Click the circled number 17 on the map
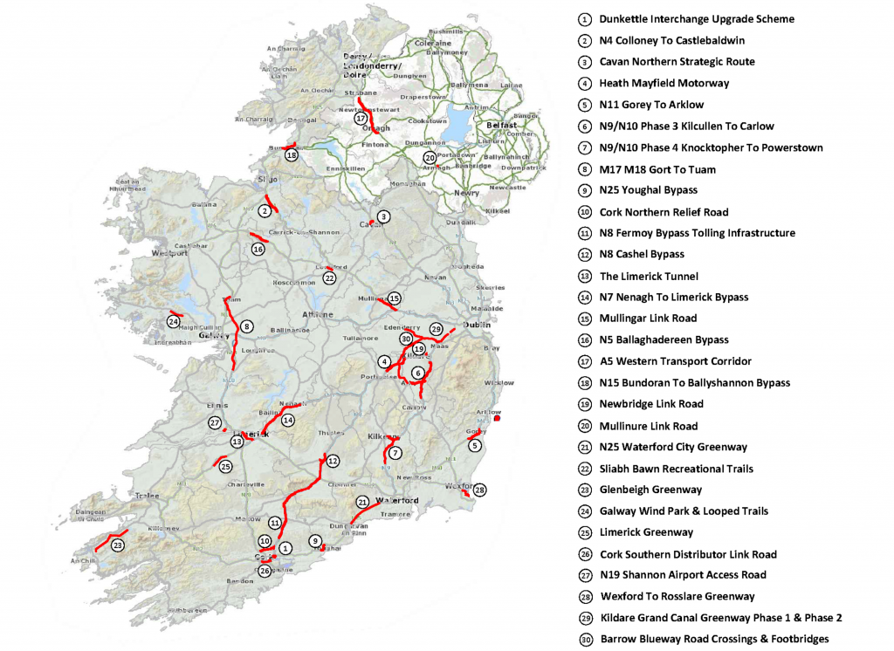tap(361, 118)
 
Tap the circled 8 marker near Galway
tap(247, 326)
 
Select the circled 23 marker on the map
tap(118, 545)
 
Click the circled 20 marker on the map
tap(430, 158)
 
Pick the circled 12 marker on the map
tap(332, 460)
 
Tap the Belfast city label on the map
tap(502, 125)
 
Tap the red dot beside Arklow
tap(497, 419)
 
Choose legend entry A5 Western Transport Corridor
tap(675, 361)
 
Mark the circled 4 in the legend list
tap(584, 84)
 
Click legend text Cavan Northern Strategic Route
tap(677, 62)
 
